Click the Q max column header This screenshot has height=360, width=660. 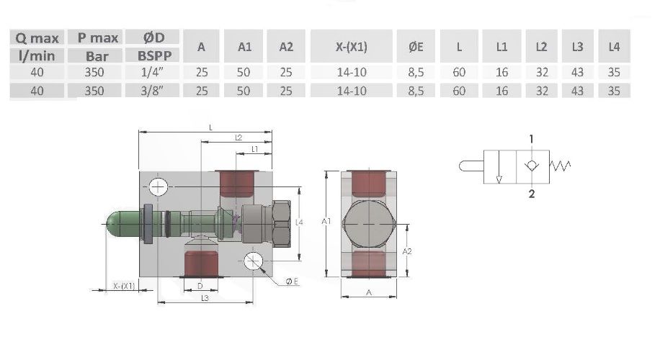[x=37, y=38]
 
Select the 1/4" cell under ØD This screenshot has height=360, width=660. [x=152, y=72]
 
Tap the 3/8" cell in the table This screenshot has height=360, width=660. [x=152, y=91]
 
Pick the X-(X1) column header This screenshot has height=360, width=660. [x=352, y=47]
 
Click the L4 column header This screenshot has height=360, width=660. [x=614, y=47]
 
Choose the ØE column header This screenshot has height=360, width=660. [x=416, y=47]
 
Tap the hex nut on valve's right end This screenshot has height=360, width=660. [x=282, y=224]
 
